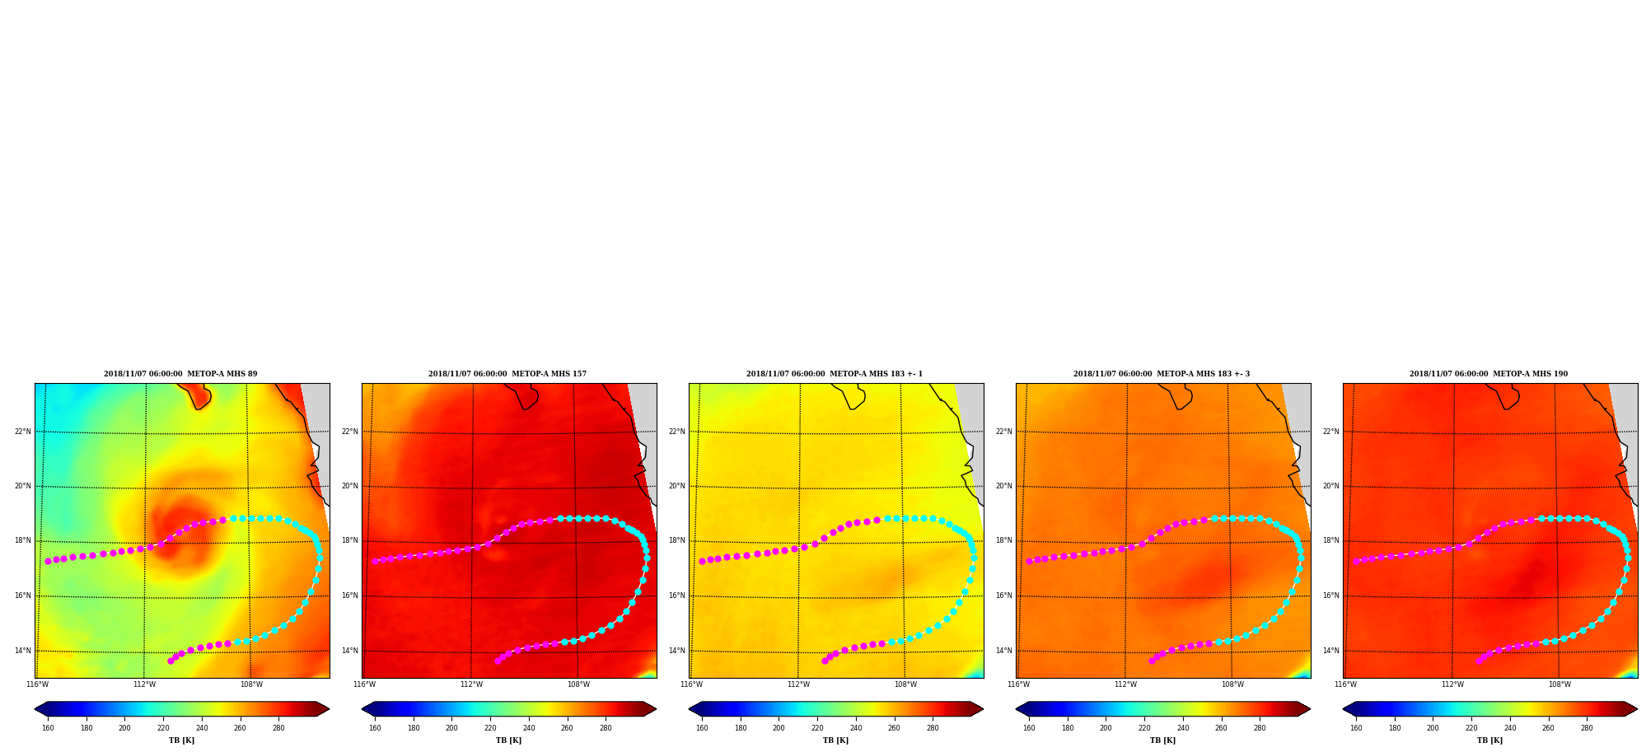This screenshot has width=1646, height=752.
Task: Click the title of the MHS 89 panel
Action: [180, 374]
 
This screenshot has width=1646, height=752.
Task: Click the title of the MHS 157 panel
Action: [507, 374]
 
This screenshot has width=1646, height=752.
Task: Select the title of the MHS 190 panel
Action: [1489, 374]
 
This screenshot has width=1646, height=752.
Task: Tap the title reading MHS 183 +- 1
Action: [835, 374]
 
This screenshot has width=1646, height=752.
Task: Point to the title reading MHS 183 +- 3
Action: [1162, 374]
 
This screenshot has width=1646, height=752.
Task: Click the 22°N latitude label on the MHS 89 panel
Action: [23, 432]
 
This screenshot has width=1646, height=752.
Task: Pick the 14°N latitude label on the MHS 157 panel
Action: [350, 651]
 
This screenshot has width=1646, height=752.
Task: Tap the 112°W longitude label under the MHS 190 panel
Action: [1452, 684]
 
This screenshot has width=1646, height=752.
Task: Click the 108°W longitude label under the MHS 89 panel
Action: [251, 684]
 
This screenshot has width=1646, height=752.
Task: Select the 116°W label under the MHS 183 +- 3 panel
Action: [1018, 684]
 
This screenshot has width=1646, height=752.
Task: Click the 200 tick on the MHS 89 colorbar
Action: [124, 728]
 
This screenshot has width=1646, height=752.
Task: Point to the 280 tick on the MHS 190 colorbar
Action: [1587, 728]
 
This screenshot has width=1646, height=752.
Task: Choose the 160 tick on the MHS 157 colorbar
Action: [375, 728]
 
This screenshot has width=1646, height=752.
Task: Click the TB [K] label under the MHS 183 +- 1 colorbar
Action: [835, 740]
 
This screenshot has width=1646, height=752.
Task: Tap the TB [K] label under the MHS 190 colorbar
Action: [1489, 740]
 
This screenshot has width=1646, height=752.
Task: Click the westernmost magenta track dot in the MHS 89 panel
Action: [48, 561]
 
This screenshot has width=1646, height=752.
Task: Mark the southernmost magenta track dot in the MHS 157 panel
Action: [498, 661]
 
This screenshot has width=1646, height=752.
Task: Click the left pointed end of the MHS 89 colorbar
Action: [35, 709]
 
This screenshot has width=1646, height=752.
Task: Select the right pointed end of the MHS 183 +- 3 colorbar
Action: [1310, 709]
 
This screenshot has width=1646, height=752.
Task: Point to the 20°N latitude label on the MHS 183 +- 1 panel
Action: [677, 486]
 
